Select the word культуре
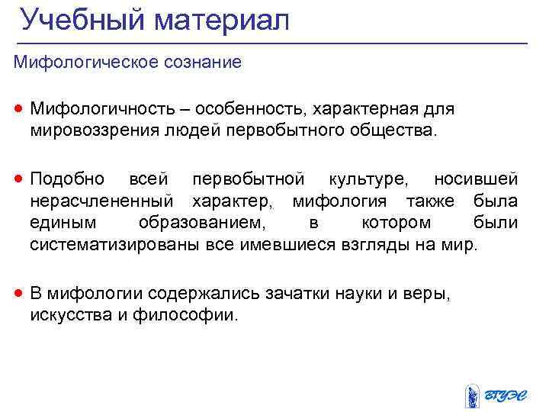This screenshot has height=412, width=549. (368, 179)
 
